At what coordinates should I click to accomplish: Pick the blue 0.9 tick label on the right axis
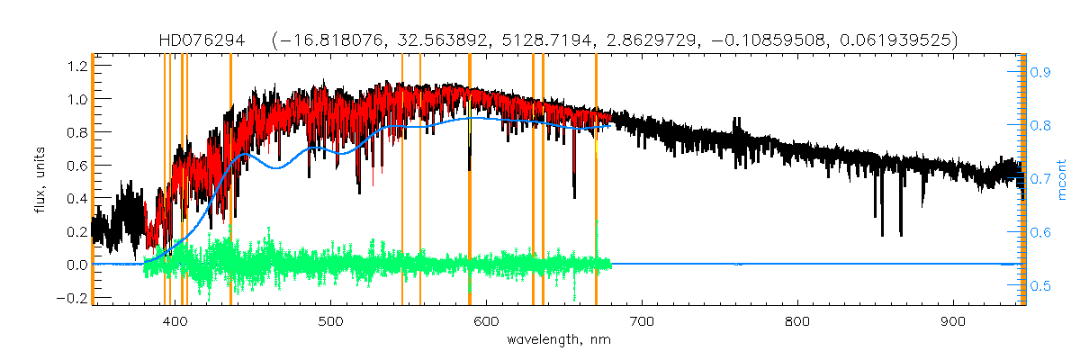pos(1041,71)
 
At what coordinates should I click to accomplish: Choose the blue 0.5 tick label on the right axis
pos(1041,286)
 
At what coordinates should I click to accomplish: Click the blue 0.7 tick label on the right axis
pos(1041,179)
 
